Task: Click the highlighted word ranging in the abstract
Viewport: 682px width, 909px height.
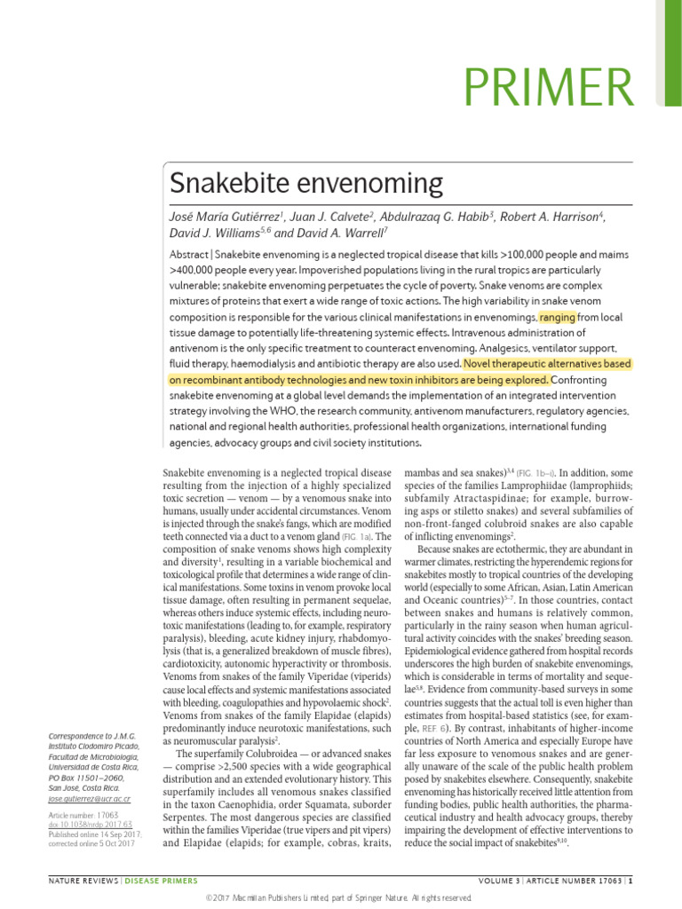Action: pyautogui.click(x=557, y=317)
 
